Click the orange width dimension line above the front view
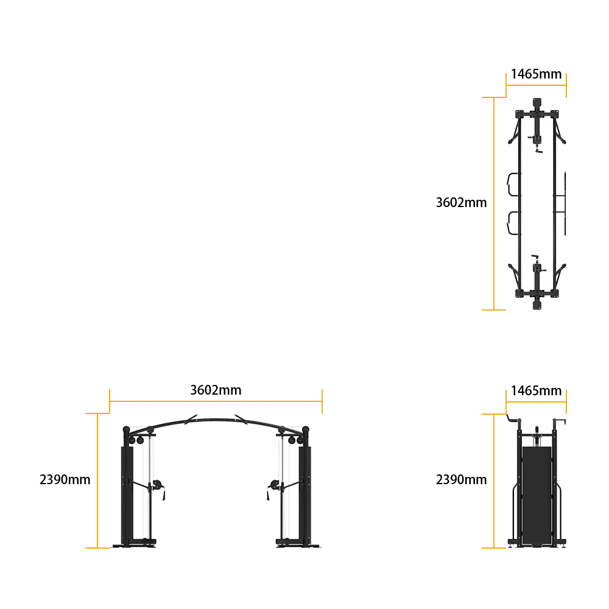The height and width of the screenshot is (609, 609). [216, 401]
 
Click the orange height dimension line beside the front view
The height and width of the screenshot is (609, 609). [96, 480]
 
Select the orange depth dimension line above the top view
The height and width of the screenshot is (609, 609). [537, 86]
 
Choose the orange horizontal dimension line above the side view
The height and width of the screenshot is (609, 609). [537, 402]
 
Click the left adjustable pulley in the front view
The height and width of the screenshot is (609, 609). [157, 485]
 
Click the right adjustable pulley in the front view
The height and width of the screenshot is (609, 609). [275, 485]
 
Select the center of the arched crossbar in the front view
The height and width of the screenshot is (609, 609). [216, 417]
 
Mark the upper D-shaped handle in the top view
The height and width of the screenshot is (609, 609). [512, 184]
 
